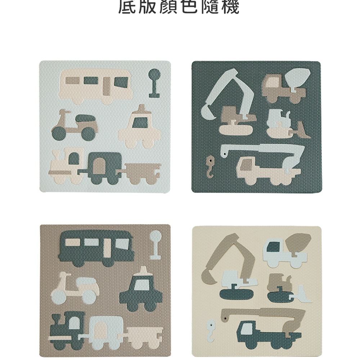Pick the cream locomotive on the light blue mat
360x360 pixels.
click(x=65, y=166)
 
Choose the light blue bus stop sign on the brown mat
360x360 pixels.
click(x=155, y=245)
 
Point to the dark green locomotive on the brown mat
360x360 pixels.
click(x=67, y=328)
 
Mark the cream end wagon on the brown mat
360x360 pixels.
click(x=144, y=331)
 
